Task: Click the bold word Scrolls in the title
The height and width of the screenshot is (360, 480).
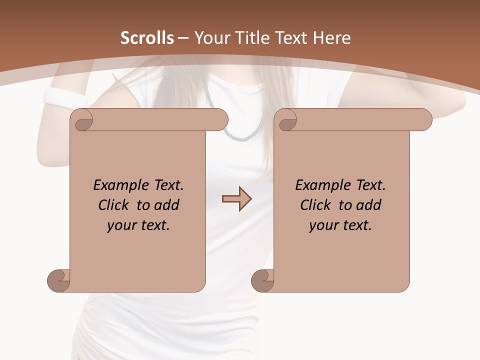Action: [147, 38]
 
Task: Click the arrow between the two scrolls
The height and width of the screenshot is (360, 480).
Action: [236, 199]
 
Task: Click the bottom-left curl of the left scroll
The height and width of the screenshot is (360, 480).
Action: [59, 280]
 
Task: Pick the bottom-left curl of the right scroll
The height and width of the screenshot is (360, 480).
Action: [263, 280]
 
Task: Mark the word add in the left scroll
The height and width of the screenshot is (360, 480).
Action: [166, 205]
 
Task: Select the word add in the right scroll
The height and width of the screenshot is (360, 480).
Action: [368, 205]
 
